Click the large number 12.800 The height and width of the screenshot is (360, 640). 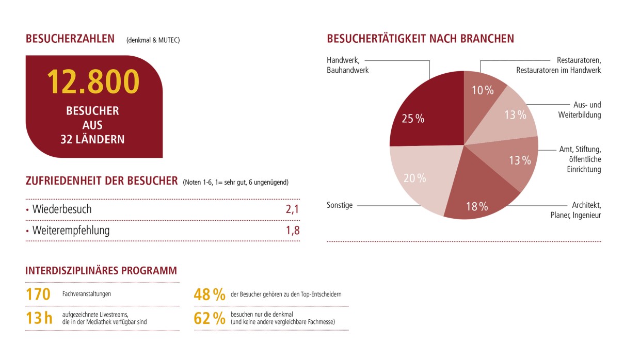(x=93, y=81)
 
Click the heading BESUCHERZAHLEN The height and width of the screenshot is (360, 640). (x=70, y=39)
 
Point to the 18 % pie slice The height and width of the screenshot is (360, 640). (x=475, y=199)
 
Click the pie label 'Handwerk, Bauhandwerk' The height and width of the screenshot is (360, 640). (x=348, y=65)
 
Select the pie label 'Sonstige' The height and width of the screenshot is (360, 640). (x=340, y=205)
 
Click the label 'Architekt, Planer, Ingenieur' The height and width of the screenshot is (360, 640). (x=575, y=210)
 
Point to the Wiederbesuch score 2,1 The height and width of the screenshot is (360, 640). (x=293, y=209)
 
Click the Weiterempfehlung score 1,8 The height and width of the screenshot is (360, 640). (x=293, y=230)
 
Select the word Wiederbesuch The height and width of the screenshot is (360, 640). (x=62, y=209)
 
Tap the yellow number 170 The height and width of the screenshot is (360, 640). (x=38, y=294)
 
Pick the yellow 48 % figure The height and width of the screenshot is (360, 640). (x=210, y=294)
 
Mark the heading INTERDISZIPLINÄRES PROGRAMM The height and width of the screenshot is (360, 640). (x=101, y=271)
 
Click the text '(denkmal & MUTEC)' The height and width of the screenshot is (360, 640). (x=153, y=40)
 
